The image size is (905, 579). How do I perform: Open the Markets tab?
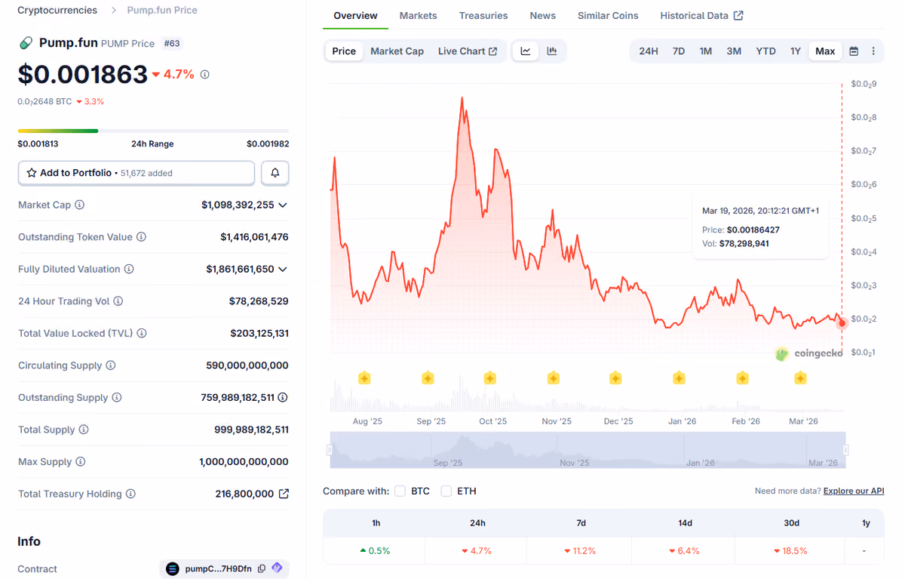coord(418,16)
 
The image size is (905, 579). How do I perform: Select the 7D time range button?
coord(678,51)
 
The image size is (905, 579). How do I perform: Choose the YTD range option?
coord(765,51)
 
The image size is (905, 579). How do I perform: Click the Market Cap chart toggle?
coord(397,51)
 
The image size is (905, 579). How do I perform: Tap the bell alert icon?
coord(275,173)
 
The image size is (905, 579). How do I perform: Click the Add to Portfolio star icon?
coord(32,173)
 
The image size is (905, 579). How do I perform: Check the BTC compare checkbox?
coord(400,491)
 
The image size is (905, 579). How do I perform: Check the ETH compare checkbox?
coord(446,491)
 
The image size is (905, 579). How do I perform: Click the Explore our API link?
coord(853,491)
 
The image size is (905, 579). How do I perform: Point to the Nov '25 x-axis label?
coord(557,421)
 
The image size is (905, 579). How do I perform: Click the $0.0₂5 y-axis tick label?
coord(864,218)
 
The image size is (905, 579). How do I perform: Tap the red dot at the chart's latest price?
coord(842,323)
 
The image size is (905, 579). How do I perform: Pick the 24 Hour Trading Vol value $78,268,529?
coord(259,301)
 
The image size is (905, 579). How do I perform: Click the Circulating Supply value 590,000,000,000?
coord(247,365)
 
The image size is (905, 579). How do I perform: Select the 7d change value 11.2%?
coord(580,551)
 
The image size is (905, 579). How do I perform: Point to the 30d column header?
coord(791,523)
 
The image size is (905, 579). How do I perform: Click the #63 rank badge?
coord(172,43)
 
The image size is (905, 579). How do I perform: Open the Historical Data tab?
coord(702,16)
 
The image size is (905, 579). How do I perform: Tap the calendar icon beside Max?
coord(854,51)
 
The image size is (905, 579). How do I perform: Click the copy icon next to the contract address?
coord(262,568)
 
